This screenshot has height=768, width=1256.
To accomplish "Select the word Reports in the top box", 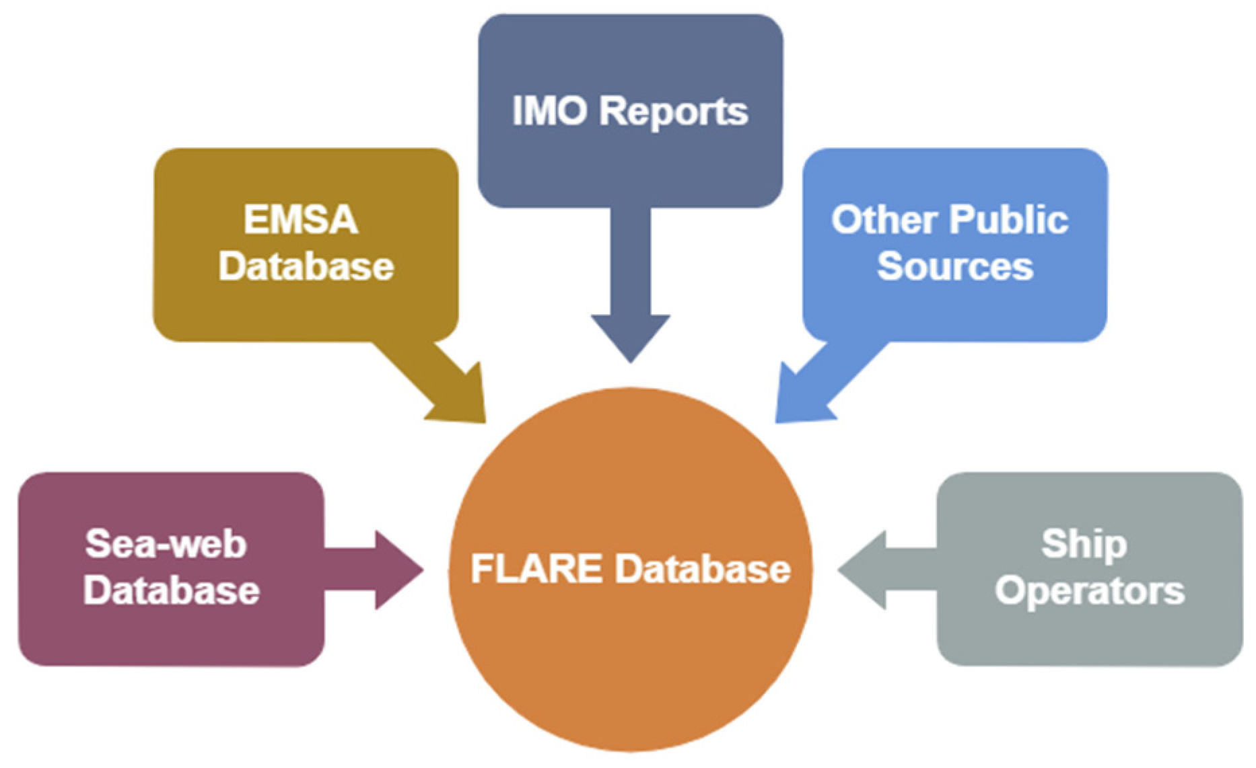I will (674, 112).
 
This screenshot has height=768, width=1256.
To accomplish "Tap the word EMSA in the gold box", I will (300, 220).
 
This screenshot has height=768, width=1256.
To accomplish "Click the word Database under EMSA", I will (306, 266).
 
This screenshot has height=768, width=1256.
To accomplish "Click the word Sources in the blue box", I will (954, 266).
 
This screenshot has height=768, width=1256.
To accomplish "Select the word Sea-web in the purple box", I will (166, 543).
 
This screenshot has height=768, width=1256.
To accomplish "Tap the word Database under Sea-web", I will (172, 590).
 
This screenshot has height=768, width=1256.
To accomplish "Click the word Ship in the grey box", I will (1084, 543).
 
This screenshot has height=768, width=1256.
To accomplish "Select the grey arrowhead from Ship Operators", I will (866, 570).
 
